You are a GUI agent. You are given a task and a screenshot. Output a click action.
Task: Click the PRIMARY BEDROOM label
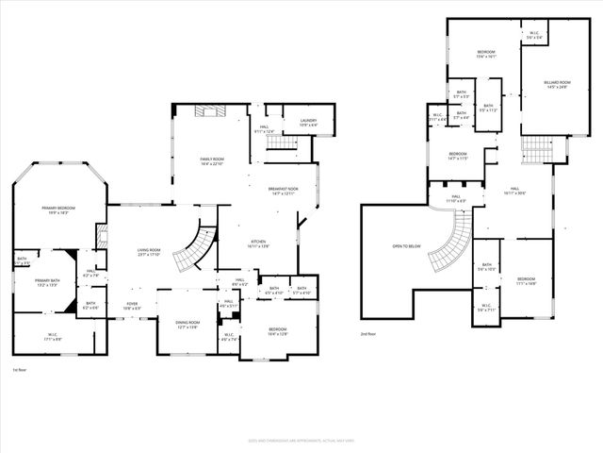(57, 210)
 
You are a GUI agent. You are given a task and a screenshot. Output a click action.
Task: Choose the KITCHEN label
(258, 243)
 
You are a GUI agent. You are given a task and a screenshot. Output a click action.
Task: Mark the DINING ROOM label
(187, 325)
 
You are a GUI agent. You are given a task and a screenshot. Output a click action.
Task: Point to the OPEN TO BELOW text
(406, 247)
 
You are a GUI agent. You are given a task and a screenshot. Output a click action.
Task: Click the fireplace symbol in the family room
(206, 111)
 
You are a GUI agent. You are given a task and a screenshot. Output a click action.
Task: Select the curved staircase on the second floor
(452, 240)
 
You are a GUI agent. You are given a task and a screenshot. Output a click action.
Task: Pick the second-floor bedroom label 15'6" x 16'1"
(486, 54)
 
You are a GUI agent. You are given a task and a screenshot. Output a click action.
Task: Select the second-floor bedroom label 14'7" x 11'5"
(458, 156)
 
